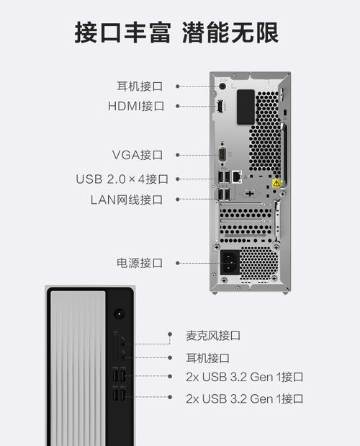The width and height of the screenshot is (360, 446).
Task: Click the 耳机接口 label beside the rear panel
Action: coord(140,86)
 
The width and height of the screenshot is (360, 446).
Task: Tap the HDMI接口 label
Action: coord(136,106)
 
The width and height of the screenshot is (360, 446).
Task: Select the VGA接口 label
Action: coord(138,155)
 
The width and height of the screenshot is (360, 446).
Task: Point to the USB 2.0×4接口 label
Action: coord(122,179)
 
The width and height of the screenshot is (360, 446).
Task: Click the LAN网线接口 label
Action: coord(127,200)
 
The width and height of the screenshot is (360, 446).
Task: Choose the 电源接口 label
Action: coord(140,263)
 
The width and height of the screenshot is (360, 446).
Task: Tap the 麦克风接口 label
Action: coord(213,336)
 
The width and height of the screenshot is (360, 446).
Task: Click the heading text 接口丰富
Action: coord(122,32)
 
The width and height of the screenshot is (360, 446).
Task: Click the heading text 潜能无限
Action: coord(230,32)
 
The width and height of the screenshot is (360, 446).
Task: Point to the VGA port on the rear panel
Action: coord(222,156)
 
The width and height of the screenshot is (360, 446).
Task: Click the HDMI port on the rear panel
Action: coord(220,106)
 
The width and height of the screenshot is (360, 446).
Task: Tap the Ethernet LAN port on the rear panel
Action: coord(237,177)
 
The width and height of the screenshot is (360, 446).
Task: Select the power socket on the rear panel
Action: coord(230,262)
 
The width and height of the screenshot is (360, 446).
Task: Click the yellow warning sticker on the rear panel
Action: coord(276,183)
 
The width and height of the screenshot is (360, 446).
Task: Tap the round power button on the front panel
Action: coord(120,314)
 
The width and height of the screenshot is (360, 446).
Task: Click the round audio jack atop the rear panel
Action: coord(222,86)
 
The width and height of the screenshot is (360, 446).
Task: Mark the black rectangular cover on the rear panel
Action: coord(246,107)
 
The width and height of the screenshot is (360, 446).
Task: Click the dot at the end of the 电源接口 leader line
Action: coord(178,263)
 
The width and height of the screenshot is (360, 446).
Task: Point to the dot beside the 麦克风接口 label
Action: coord(170,334)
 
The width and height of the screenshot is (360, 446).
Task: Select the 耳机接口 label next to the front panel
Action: coord(207,358)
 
